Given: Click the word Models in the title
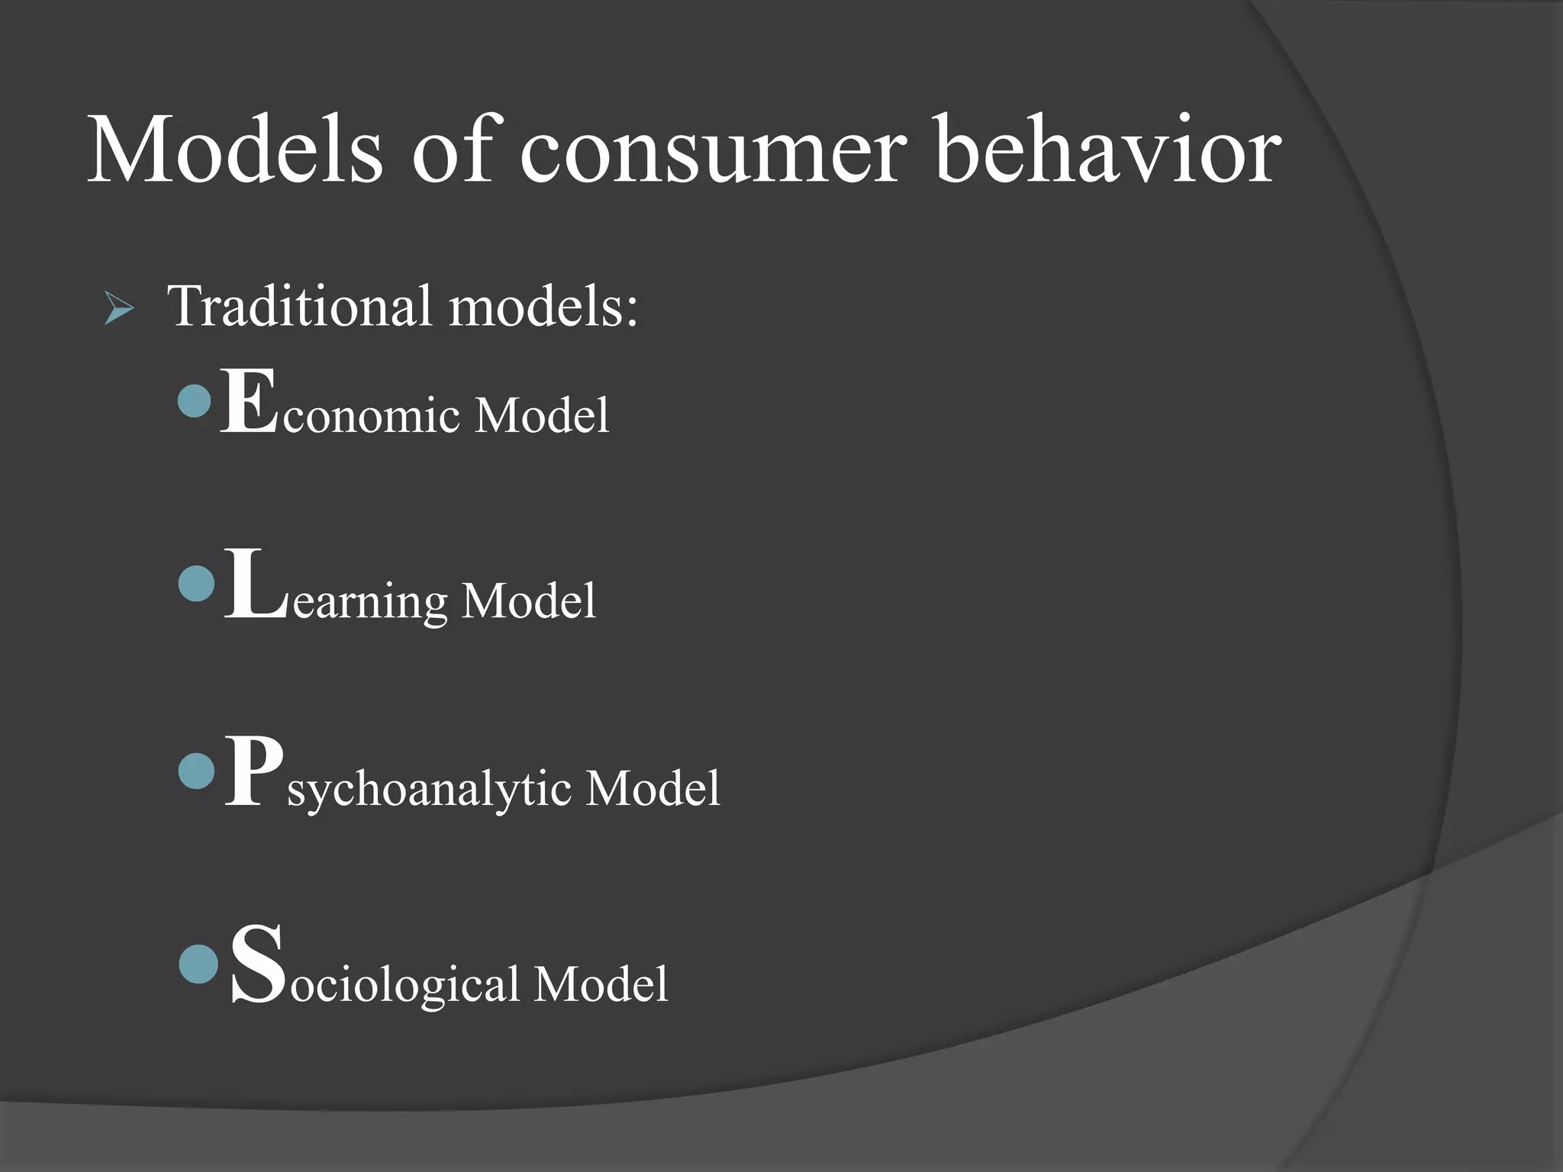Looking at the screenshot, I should pyautogui.click(x=235, y=150).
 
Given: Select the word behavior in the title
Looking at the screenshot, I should pyautogui.click(x=1107, y=150).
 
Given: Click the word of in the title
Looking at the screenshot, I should pyautogui.click(x=453, y=150).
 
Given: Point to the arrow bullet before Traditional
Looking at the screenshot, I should pyautogui.click(x=119, y=310).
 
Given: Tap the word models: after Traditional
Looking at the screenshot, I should pyautogui.click(x=543, y=307).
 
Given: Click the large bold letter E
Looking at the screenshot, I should pyautogui.click(x=249, y=402).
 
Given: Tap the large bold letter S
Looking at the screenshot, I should pyautogui.click(x=258, y=964).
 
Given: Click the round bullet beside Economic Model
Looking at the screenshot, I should pyautogui.click(x=194, y=401).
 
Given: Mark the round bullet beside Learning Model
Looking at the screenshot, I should pyautogui.click(x=196, y=584).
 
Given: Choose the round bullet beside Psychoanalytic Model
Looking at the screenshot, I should pyautogui.click(x=196, y=771).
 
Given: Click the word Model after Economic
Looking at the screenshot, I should pyautogui.click(x=542, y=416).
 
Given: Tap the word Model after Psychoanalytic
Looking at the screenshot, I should pyautogui.click(x=653, y=788).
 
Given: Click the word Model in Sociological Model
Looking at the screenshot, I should pyautogui.click(x=601, y=984).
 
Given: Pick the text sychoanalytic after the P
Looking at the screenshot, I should pyautogui.click(x=429, y=790).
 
